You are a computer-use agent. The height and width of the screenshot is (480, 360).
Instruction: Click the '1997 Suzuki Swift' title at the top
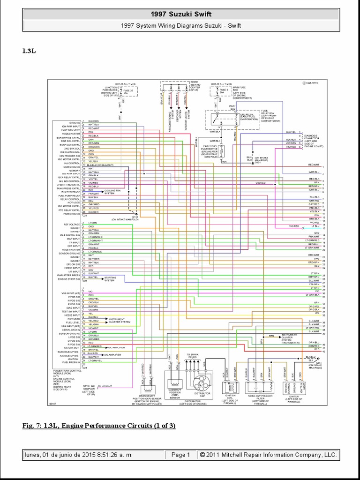180,15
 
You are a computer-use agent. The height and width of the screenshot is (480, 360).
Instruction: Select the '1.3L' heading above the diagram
29,51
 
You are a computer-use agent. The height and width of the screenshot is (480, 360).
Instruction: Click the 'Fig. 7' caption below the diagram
98,426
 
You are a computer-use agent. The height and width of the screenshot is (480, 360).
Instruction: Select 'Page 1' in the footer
180,455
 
